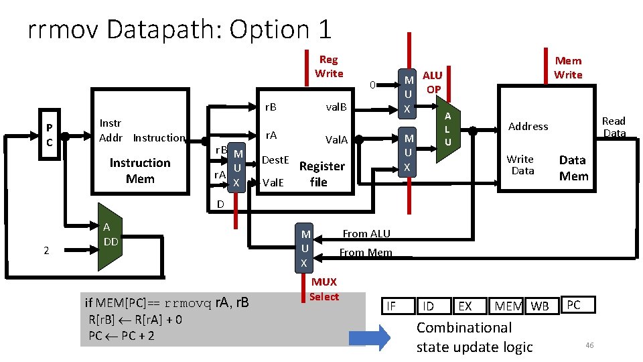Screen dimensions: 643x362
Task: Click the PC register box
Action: [x=50, y=134]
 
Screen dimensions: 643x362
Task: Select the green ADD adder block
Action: [x=110, y=237]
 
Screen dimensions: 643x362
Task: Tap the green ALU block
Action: [x=448, y=129]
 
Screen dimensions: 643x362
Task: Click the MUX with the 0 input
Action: [x=407, y=94]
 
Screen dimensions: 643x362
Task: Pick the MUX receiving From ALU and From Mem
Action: [x=304, y=248]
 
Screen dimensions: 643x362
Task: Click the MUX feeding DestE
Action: [x=236, y=168]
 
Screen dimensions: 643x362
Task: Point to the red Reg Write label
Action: [x=329, y=66]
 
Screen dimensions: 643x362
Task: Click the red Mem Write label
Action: [x=568, y=68]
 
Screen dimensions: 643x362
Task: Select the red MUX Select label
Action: [x=324, y=290]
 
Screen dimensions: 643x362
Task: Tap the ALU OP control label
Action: [x=433, y=82]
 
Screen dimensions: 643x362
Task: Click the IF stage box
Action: [x=398, y=306]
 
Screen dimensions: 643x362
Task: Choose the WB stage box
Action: [x=542, y=306]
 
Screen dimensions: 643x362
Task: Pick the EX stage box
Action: [x=470, y=306]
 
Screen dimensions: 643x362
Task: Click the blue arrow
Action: [x=370, y=338]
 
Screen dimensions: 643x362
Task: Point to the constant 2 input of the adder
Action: [x=46, y=250]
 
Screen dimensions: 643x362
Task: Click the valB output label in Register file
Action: [x=336, y=107]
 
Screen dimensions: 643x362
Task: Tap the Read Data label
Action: [x=614, y=127]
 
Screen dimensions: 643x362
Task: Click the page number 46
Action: [x=589, y=345]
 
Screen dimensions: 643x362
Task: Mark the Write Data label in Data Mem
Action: [x=520, y=165]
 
